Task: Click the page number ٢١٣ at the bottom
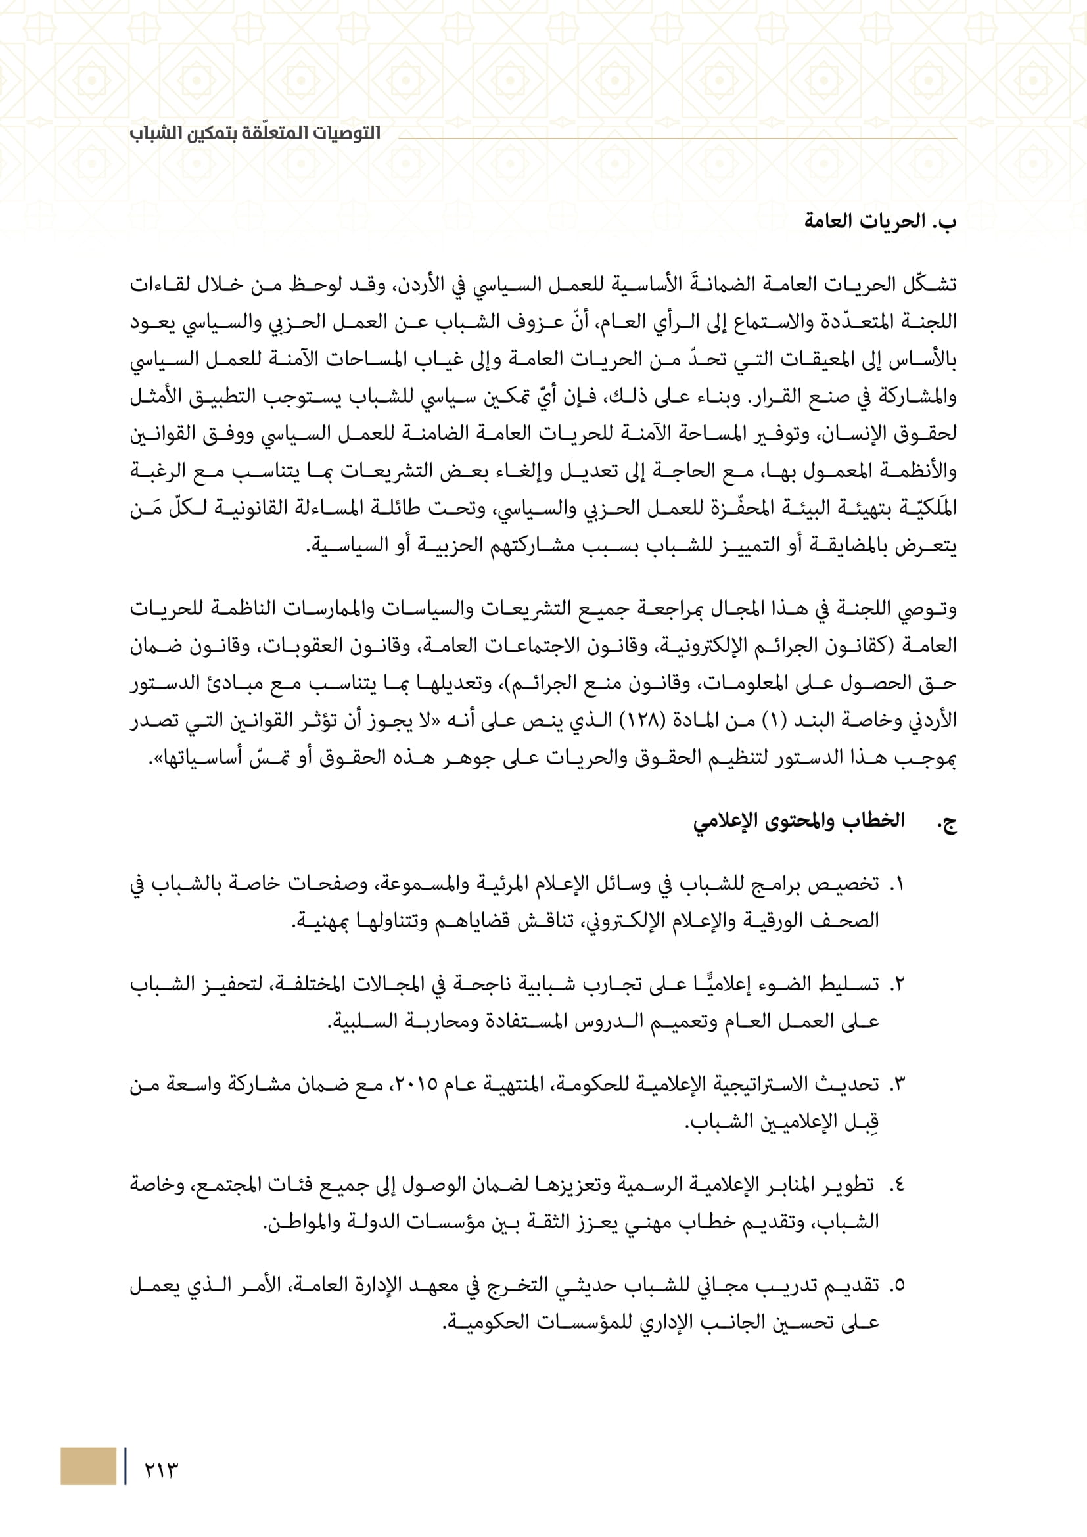tap(161, 1470)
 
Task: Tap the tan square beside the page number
tap(88, 1466)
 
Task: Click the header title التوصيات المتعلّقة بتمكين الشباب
tap(255, 133)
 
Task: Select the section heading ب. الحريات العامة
tap(880, 221)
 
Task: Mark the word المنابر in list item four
tap(783, 1185)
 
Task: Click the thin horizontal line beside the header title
tap(676, 139)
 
